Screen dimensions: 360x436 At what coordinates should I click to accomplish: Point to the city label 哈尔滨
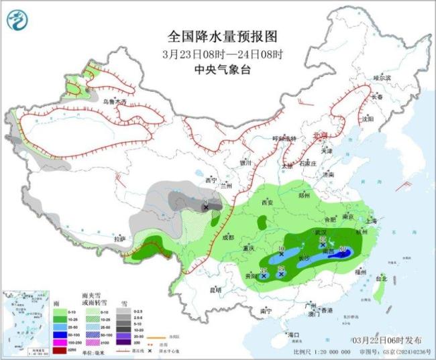click(381, 78)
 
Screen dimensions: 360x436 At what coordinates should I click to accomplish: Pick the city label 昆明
click(215, 290)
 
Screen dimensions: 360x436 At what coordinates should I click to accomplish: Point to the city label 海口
click(292, 334)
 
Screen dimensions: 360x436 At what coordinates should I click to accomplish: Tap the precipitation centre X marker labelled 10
click(282, 255)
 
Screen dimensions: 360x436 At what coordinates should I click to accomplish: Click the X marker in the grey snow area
click(206, 208)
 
